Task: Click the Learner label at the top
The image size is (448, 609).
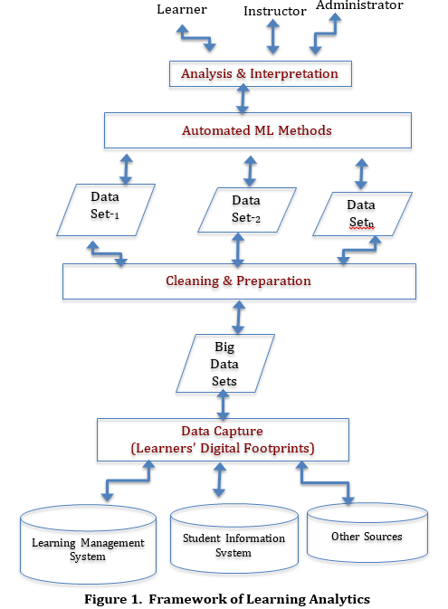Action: (181, 9)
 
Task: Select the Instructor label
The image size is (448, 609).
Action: (274, 11)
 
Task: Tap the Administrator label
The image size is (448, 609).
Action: (358, 6)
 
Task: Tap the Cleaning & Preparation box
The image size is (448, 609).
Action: (238, 281)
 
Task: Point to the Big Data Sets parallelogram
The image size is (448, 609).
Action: (224, 363)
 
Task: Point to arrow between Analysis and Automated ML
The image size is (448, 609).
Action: (243, 100)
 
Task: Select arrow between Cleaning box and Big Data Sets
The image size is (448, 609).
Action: (239, 317)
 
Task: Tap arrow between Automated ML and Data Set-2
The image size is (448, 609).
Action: (249, 168)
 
